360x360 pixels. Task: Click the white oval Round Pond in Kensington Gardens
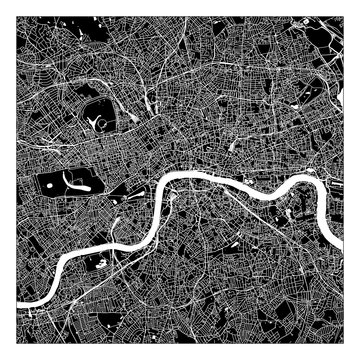pyautogui.click(x=49, y=183)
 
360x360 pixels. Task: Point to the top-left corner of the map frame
pyautogui.click(x=16, y=16)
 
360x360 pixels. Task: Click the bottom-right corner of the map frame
pyautogui.click(x=343, y=343)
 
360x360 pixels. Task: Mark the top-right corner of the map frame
pyautogui.click(x=343, y=16)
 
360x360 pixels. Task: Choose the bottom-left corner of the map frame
pyautogui.click(x=16, y=343)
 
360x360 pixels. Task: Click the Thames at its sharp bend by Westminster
pyautogui.click(x=159, y=191)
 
